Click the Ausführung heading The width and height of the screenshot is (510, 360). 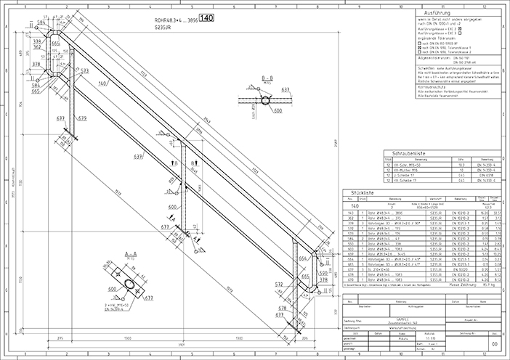[x=454, y=13]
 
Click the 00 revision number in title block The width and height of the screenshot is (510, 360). [x=495, y=345]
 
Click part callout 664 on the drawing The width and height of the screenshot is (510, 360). [x=301, y=256]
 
